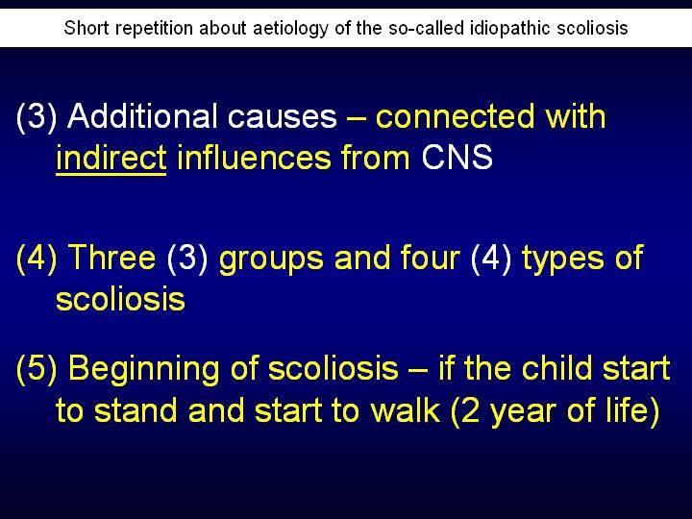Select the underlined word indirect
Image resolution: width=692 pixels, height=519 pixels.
tap(111, 157)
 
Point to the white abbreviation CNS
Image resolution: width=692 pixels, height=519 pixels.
tap(457, 157)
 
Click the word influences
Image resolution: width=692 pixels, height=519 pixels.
tap(254, 157)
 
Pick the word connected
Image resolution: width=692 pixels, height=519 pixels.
tap(454, 116)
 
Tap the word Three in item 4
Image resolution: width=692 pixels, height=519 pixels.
tap(112, 257)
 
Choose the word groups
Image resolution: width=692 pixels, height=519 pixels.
tap(271, 259)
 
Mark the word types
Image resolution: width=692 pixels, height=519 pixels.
tap(562, 259)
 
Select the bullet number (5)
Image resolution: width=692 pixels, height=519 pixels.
tap(37, 368)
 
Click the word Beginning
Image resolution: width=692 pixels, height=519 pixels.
tap(144, 369)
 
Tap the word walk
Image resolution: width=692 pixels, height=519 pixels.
tap(406, 409)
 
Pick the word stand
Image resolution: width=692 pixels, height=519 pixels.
tap(136, 409)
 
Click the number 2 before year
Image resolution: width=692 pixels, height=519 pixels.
tap(471, 410)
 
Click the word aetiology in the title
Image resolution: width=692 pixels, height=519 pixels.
tap(291, 28)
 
